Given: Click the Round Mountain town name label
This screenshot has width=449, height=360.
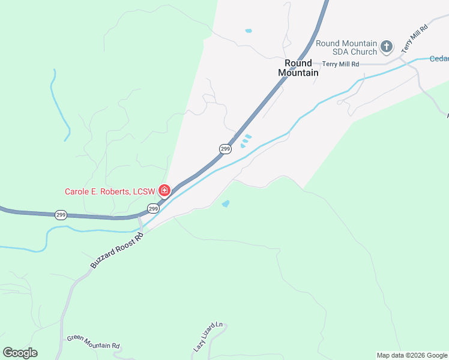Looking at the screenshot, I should pyautogui.click(x=298, y=68).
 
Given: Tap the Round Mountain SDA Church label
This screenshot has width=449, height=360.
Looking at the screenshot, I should pyautogui.click(x=346, y=47).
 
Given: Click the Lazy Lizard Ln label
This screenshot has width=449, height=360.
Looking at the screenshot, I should pyautogui.click(x=208, y=337).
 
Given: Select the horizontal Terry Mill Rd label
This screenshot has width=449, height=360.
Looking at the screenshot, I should pyautogui.click(x=340, y=64).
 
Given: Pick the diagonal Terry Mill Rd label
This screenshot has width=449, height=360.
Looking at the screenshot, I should pyautogui.click(x=415, y=38).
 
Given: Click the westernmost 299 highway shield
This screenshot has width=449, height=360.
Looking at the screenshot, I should pyautogui.click(x=61, y=215).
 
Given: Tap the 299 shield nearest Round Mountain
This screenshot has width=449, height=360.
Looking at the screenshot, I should pyautogui.click(x=225, y=149).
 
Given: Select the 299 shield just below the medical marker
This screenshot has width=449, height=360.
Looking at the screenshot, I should pyautogui.click(x=153, y=209).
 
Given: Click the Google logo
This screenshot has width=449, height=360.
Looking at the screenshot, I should pyautogui.click(x=20, y=353).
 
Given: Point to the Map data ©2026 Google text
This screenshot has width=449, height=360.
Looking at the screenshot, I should pyautogui.click(x=412, y=355).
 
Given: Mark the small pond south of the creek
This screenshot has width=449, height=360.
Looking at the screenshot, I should pyautogui.click(x=226, y=204).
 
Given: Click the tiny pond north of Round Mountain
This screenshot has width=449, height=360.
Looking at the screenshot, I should pyautogui.click(x=249, y=31).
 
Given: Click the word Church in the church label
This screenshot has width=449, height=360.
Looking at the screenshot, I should pyautogui.click(x=364, y=52).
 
